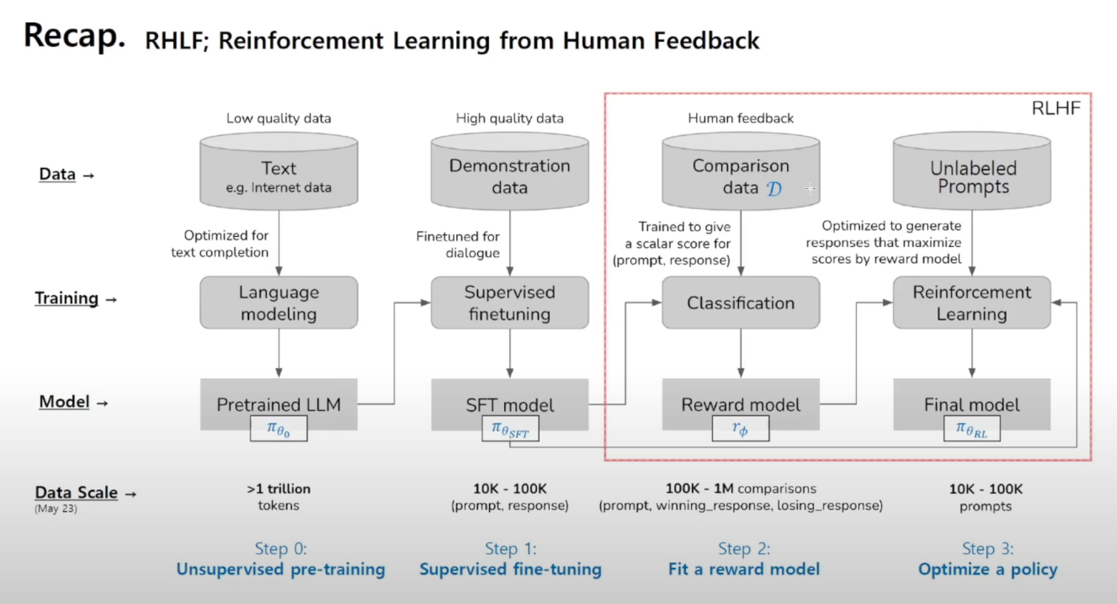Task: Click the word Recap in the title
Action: (74, 36)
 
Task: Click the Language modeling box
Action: (279, 303)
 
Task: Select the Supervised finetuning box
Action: (510, 303)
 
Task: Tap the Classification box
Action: (741, 303)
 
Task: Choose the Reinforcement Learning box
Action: (972, 303)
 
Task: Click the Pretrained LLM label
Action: (279, 405)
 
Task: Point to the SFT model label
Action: (510, 405)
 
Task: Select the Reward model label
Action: (741, 405)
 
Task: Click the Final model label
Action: (972, 405)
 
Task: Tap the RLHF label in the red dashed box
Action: (1056, 108)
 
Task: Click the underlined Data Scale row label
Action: (77, 492)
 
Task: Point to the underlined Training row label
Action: (67, 298)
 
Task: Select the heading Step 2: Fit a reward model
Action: (744, 559)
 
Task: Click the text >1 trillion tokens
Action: (279, 497)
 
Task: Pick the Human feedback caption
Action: (741, 118)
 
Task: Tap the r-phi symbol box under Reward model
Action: (740, 429)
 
